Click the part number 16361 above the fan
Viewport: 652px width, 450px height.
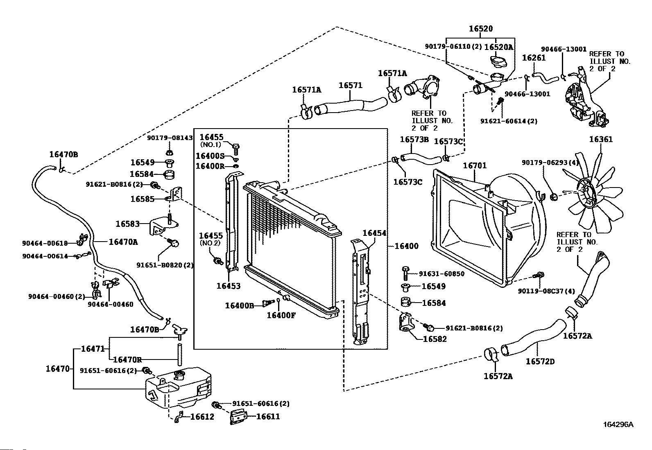click(x=601, y=139)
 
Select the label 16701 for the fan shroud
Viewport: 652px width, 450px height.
click(x=475, y=165)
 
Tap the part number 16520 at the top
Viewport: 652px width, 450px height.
click(x=481, y=29)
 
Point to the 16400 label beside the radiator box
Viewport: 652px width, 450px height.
click(x=406, y=246)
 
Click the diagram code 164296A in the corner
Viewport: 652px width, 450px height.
click(x=618, y=424)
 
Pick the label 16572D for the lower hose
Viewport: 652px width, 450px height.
click(x=540, y=362)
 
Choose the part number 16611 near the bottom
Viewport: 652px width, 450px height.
click(x=268, y=416)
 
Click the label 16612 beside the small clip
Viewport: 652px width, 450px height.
click(x=202, y=417)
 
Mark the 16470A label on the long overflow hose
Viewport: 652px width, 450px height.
click(x=123, y=242)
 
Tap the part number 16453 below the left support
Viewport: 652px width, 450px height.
click(x=229, y=286)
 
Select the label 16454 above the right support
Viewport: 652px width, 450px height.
click(x=374, y=233)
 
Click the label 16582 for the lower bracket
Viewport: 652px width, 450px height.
click(x=435, y=339)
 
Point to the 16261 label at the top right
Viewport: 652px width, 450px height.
click(x=534, y=58)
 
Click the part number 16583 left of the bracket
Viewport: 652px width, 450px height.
click(x=127, y=224)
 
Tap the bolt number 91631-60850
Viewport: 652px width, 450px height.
click(x=441, y=274)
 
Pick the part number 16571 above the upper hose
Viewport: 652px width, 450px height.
click(x=351, y=85)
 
